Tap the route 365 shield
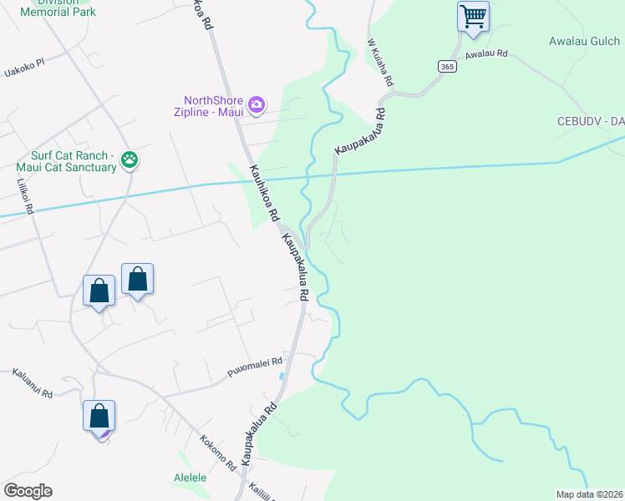tap(445, 67)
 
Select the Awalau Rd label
tap(487, 54)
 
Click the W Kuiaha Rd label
tap(380, 65)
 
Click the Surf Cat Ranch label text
tap(74, 161)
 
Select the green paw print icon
tap(130, 159)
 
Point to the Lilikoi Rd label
tap(23, 195)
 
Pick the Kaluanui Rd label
tap(33, 383)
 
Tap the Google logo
tap(28, 491)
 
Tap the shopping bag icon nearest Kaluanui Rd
tap(99, 416)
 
